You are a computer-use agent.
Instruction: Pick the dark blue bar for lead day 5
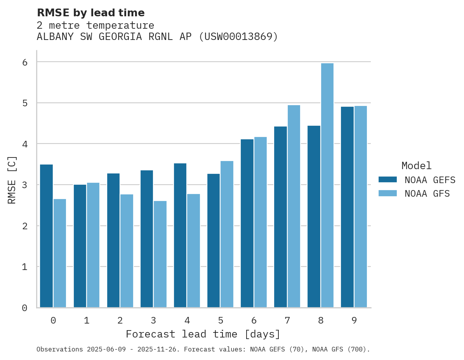tap(214, 241)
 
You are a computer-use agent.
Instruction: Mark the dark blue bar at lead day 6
tap(247, 223)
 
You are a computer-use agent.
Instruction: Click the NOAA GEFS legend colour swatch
tap(388, 180)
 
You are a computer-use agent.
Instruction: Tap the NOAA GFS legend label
tap(427, 194)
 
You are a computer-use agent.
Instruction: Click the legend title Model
tap(416, 166)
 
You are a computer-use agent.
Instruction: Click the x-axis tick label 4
tap(187, 320)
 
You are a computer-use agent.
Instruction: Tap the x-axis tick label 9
tap(354, 320)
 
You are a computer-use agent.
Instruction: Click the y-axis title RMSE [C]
tap(12, 180)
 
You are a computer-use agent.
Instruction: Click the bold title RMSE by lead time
tap(90, 13)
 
